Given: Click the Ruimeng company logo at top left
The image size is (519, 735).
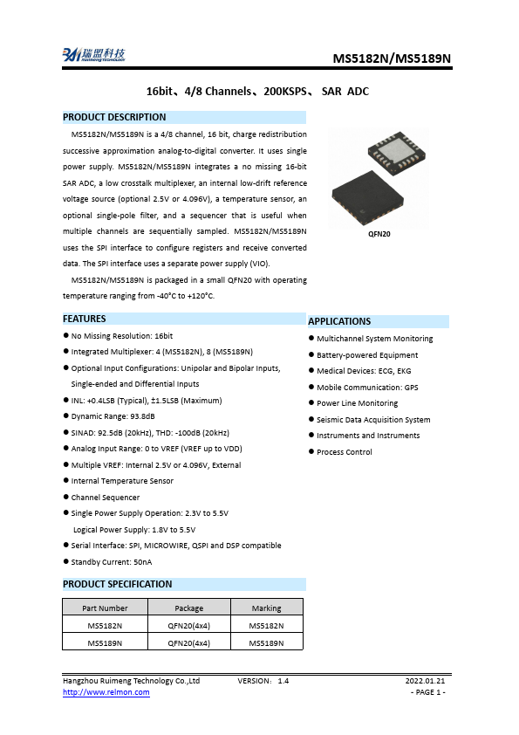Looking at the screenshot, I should pos(92,54).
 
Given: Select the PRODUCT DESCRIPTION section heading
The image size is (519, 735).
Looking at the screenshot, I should pos(114,117).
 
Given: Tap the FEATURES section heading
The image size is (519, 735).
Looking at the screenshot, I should pos(85,319).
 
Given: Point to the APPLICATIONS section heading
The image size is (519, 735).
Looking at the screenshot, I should pos(339,321).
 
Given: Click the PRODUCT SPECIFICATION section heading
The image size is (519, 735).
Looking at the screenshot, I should pos(118,584).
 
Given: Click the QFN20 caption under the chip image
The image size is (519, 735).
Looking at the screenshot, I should pos(378,234).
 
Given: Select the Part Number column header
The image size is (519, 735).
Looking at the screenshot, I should pos(105,608).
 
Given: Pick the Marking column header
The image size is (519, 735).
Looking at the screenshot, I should pos(266,608).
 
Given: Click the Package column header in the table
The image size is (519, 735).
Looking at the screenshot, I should pos(188,608).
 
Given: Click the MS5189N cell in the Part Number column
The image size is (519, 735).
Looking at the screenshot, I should pos(105,642).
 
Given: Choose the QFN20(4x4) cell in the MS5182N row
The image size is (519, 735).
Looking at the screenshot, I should pos(188,626).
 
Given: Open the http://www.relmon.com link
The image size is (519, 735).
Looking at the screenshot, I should pos(106,692).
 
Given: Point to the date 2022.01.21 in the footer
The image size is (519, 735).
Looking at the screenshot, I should pos(425,680).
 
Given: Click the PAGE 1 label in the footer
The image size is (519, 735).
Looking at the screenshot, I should pos(427,692).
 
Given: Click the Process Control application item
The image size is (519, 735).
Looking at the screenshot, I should pos(344,452).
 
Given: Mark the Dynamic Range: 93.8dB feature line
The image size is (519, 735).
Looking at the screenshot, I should pos(113,416).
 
